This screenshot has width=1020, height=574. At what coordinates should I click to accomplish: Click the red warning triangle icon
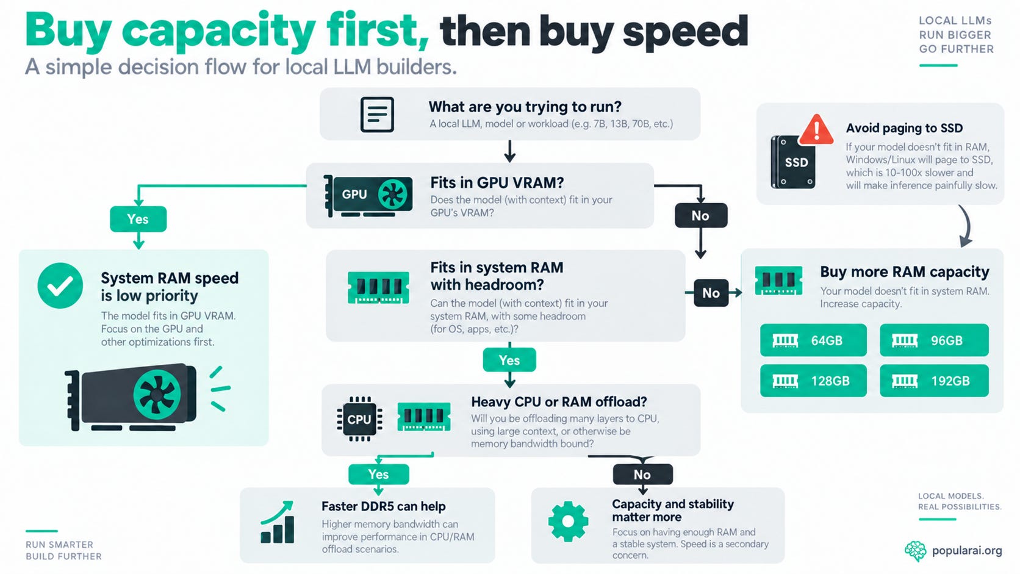(x=816, y=130)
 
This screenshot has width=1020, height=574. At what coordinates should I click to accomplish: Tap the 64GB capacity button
(x=813, y=340)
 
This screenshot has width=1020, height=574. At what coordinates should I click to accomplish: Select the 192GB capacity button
(x=934, y=381)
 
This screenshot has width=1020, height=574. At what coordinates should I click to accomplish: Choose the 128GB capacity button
(x=813, y=381)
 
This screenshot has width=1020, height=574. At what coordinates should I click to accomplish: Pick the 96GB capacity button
(x=934, y=340)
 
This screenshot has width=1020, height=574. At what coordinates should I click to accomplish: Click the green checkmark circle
(x=60, y=285)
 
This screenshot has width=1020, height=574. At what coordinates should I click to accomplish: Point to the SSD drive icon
(x=793, y=162)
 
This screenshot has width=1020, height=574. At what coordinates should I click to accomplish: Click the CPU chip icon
(x=359, y=419)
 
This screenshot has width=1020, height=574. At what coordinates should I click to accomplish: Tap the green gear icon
(x=568, y=521)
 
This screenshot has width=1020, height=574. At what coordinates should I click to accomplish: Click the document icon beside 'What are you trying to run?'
(x=377, y=114)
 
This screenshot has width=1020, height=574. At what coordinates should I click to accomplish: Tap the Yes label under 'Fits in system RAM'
(x=509, y=360)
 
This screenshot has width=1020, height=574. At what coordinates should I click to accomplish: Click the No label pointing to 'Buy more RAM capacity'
(x=711, y=293)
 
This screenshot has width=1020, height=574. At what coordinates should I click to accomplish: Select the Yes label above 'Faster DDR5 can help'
(x=378, y=475)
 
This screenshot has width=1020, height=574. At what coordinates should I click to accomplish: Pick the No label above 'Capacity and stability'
(x=642, y=475)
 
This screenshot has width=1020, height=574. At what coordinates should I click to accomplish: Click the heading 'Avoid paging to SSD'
(x=904, y=128)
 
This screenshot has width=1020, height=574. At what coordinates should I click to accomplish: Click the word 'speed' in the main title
(x=685, y=31)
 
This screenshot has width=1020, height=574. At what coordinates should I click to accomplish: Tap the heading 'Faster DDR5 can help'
(x=383, y=506)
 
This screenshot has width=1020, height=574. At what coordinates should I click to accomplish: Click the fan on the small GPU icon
(x=392, y=195)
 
